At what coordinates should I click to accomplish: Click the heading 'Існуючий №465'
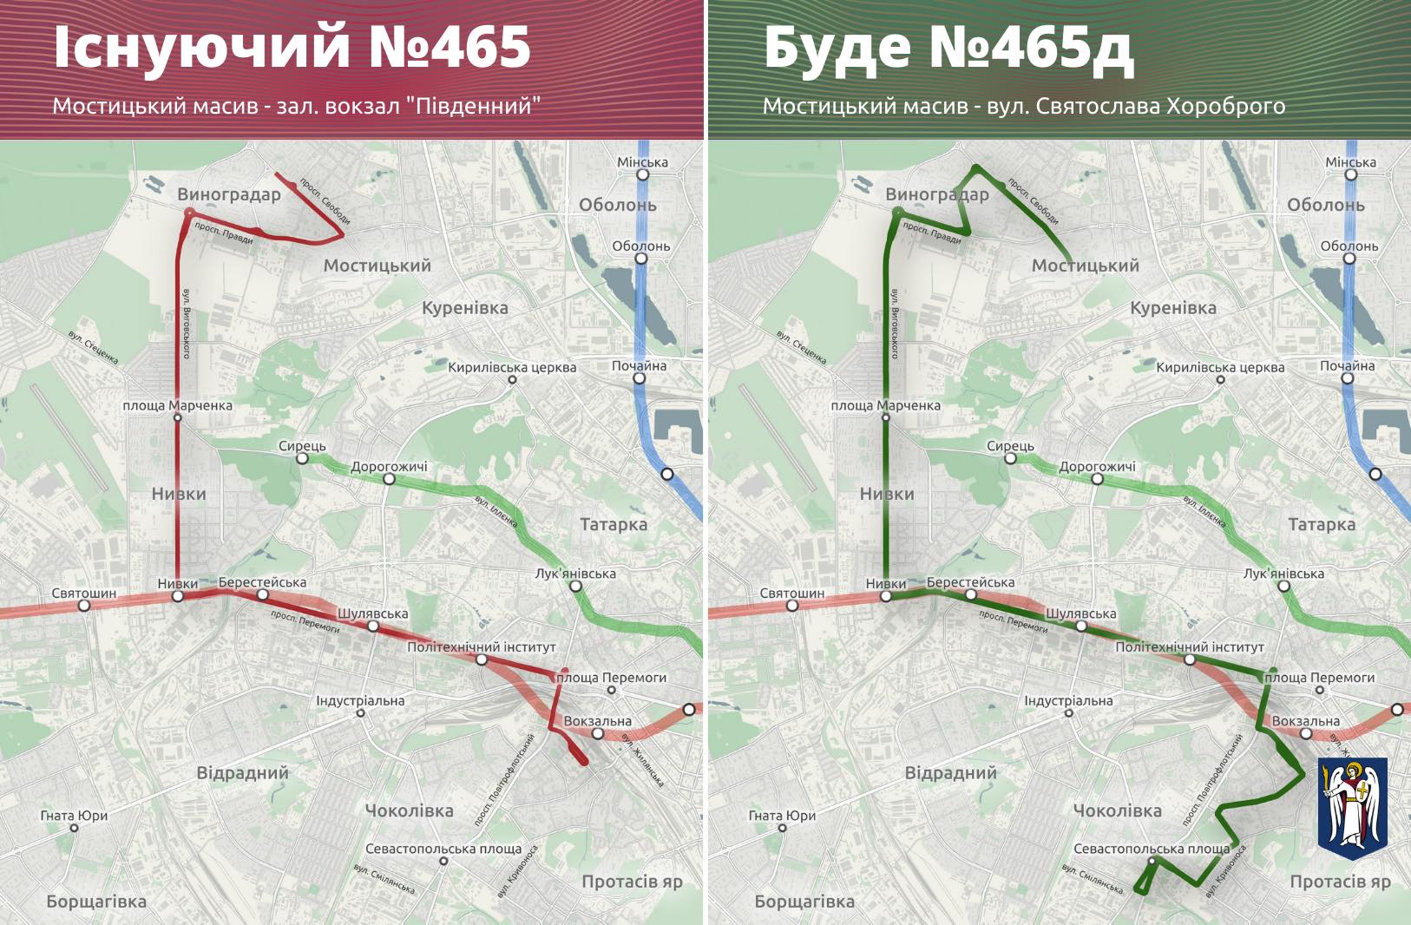tap(292, 47)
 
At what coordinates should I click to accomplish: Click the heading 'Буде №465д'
tap(948, 47)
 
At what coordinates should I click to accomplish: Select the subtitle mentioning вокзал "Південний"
tap(296, 106)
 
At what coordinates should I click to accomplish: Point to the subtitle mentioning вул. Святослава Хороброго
tap(1024, 106)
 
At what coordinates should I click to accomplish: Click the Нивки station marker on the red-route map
tap(178, 596)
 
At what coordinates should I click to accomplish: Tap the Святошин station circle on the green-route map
tap(792, 605)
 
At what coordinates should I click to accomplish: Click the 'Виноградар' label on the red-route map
tap(229, 194)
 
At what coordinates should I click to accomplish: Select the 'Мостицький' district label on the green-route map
tap(1085, 266)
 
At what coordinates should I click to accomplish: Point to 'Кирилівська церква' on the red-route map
tap(512, 367)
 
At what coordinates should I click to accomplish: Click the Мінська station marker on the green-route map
tap(1351, 174)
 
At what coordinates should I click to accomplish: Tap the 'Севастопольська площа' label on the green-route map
tap(1152, 849)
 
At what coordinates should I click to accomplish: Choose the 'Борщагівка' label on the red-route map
tap(96, 902)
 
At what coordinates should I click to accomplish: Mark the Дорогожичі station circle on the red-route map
tap(389, 478)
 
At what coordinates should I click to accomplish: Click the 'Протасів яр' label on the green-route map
tap(1340, 882)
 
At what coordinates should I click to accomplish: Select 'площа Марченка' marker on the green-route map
tap(886, 417)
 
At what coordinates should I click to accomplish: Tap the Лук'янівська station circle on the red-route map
tap(575, 586)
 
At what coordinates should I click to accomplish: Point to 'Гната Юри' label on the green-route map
tap(782, 816)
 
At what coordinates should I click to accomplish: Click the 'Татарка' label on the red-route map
tap(614, 524)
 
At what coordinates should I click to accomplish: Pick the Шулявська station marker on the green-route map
tap(1081, 626)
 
